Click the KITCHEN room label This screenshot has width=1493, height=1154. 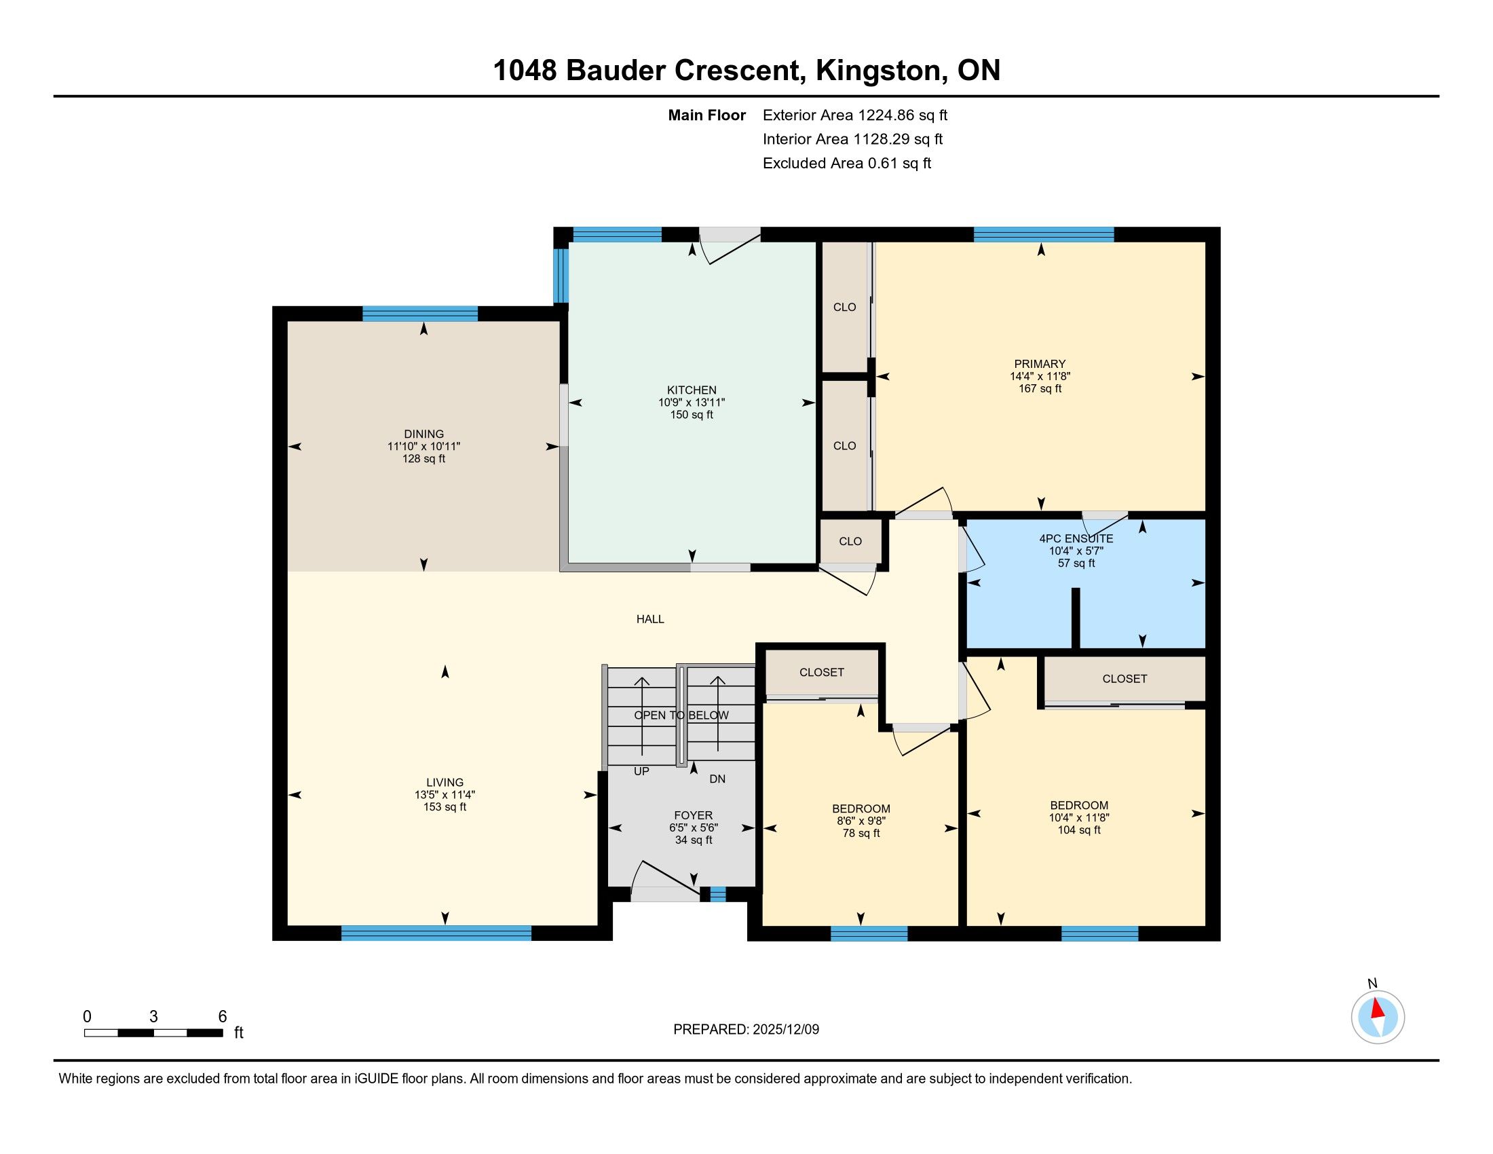pos(692,390)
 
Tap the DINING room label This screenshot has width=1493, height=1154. pos(424,434)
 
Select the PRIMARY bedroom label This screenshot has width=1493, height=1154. pos(1040,365)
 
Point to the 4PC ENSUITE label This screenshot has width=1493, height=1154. pos(1076,539)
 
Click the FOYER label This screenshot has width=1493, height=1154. pos(693,815)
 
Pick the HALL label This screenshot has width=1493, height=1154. pos(650,619)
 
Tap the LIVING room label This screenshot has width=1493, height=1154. pos(445,783)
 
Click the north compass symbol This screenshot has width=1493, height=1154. pos(1378,1017)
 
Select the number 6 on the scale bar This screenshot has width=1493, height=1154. pos(222,1017)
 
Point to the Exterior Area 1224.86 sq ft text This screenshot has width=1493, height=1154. pos(855,115)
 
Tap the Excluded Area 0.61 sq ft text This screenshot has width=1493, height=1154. pos(847,164)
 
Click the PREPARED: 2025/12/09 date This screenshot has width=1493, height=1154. pos(746,1030)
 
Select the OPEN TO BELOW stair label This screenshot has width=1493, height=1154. pos(681,715)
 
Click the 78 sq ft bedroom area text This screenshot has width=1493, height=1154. pos(861,834)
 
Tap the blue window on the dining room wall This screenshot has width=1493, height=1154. pos(419,314)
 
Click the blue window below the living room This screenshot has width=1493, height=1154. pos(436,933)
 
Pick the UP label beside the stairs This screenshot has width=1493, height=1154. pos(641,771)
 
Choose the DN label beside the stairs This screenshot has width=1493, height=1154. pos(717,779)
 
